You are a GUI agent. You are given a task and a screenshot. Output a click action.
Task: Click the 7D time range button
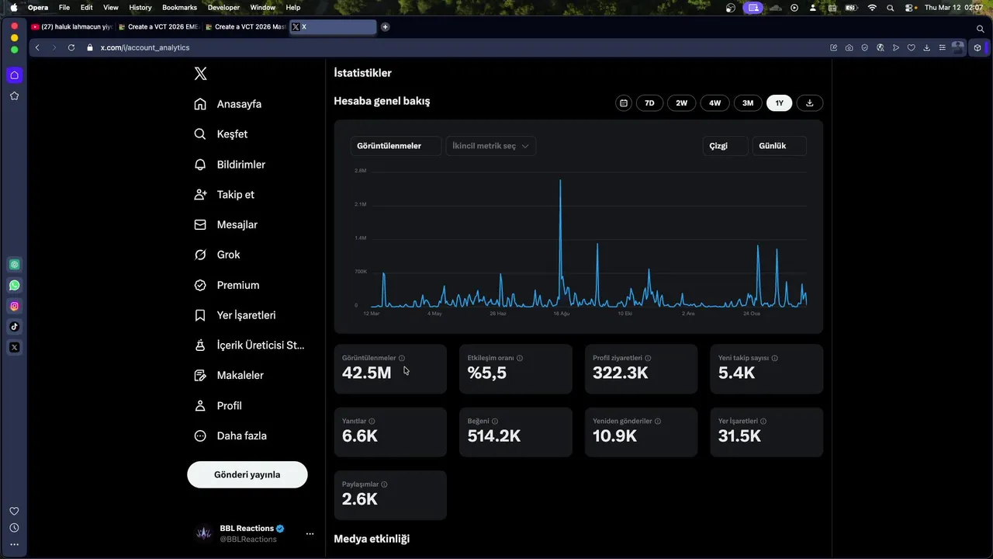tap(649, 103)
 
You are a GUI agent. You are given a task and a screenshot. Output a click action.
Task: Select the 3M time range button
tap(748, 103)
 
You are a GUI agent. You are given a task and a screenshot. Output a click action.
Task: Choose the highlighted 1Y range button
tap(779, 103)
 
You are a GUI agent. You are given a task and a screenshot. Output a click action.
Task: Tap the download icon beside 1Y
tap(810, 103)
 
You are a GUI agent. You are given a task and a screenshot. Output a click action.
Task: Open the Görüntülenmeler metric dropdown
tap(396, 146)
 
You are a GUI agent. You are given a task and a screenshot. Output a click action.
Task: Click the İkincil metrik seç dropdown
tap(490, 146)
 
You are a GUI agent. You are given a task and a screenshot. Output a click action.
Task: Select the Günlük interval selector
tap(779, 146)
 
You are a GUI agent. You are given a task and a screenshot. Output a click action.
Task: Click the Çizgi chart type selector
tap(725, 146)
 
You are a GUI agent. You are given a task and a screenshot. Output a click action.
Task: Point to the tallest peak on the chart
tap(560, 181)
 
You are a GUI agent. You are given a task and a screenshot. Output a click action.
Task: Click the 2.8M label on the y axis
tap(361, 171)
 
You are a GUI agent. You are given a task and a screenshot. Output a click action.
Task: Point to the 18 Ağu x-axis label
tap(561, 314)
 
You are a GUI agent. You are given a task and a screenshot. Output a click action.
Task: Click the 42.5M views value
tap(366, 373)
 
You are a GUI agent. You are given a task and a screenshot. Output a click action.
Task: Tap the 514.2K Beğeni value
tap(493, 436)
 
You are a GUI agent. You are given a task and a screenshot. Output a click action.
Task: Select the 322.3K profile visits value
tap(620, 373)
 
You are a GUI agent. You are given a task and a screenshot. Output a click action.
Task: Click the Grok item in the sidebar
tap(228, 255)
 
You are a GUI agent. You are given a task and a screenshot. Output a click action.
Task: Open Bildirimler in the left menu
tap(240, 165)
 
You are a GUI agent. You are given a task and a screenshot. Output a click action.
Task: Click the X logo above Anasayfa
tap(200, 74)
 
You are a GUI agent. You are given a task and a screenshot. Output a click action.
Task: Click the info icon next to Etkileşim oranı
tap(520, 358)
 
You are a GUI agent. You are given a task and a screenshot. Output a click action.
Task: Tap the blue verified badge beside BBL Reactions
tap(280, 529)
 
